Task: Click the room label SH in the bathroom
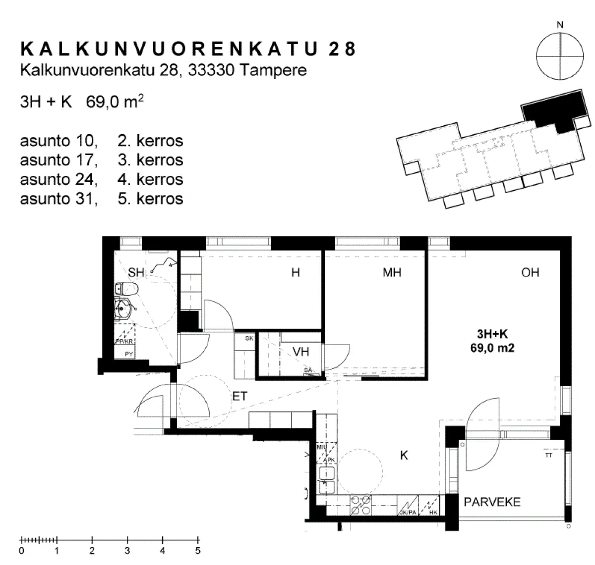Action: [136, 272]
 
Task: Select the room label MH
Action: [392, 272]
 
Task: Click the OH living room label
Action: [530, 272]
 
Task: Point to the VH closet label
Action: [300, 352]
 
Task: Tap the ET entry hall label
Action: [239, 396]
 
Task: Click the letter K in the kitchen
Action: [404, 456]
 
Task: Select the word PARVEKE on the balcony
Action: [492, 502]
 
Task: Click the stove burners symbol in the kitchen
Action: [360, 504]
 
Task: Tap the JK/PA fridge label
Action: [409, 513]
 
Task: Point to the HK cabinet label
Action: [433, 513]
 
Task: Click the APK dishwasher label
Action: [329, 460]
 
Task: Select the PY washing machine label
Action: [128, 354]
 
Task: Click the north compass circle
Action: [560, 56]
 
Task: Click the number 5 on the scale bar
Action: [198, 551]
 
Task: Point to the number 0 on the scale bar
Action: [21, 551]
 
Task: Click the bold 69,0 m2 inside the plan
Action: [492, 348]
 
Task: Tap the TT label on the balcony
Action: [548, 455]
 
